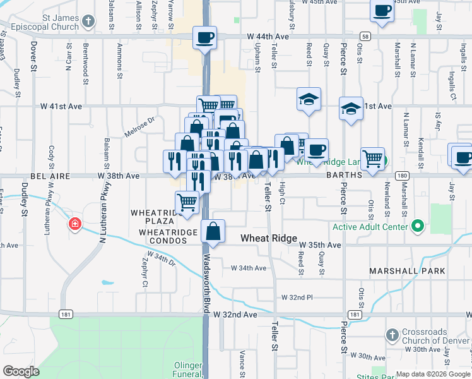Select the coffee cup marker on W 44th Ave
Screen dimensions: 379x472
point(204,37)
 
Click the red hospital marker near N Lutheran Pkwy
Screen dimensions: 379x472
point(74,224)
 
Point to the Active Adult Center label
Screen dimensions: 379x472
point(372,226)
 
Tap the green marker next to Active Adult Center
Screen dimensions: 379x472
point(417,226)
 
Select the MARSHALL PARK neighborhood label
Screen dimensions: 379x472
point(408,271)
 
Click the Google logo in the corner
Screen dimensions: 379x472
point(21,371)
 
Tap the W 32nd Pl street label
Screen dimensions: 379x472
point(297,297)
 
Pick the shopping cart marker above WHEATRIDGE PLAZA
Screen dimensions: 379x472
point(187,203)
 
